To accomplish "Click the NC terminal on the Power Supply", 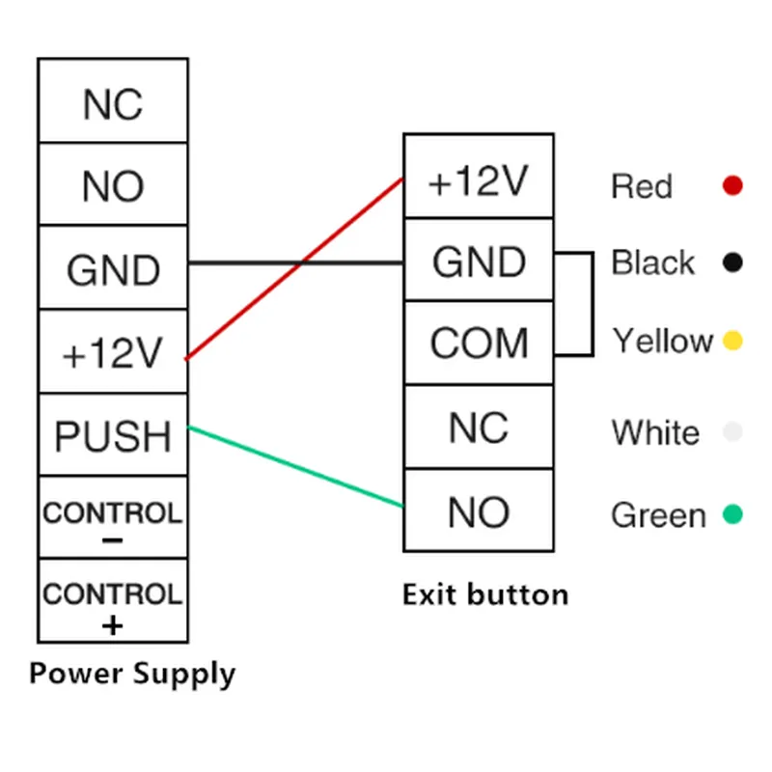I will [113, 102].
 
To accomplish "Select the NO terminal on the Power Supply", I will [113, 185].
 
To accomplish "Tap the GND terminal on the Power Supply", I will [113, 269].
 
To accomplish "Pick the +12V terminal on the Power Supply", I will [113, 353].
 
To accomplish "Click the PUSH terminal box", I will [113, 435].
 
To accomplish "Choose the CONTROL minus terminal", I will [113, 517].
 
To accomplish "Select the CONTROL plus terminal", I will [113, 600].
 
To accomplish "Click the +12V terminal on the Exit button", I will [479, 178].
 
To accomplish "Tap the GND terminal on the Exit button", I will [479, 261].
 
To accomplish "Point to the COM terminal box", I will [479, 343].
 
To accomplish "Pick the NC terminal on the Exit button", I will [479, 427].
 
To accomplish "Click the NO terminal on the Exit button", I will [479, 511].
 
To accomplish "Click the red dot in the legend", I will [732, 185].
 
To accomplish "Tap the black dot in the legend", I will [732, 262].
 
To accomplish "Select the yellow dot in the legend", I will [732, 341].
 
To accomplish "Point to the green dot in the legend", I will [732, 514].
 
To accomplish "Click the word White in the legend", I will [655, 432].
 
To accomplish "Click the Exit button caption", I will [485, 593].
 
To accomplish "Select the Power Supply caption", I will [132, 673].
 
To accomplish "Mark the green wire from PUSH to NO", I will [295, 466].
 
